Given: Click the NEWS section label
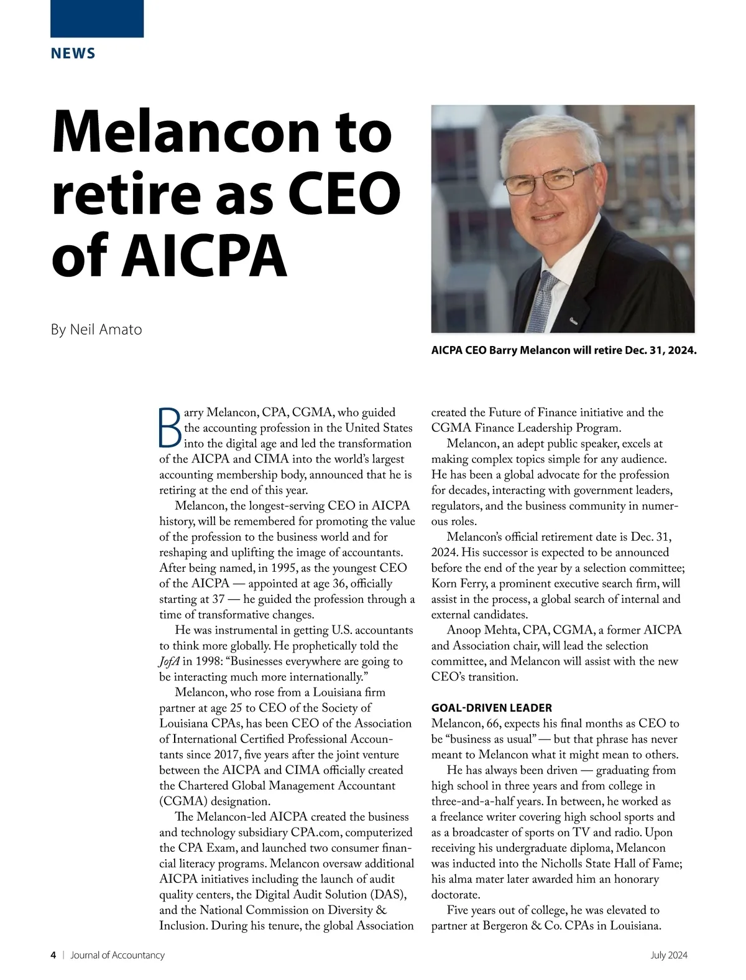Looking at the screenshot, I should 73,54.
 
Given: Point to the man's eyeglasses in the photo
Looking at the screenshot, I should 546,180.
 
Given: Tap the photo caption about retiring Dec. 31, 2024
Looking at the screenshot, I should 564,350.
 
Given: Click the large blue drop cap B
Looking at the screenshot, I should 170,427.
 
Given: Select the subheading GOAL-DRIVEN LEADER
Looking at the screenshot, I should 491,707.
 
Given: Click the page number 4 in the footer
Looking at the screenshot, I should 53,955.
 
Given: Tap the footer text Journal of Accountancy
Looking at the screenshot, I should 117,955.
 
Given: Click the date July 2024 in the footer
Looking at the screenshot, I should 669,955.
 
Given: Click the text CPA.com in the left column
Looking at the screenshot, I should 315,833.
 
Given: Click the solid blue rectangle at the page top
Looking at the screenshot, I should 97,19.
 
